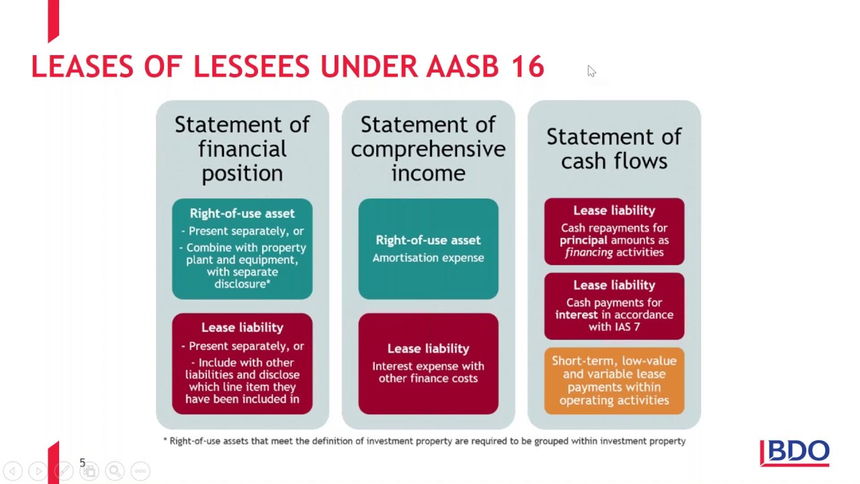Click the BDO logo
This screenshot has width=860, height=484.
click(x=795, y=453)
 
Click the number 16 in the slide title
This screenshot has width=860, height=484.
click(x=526, y=67)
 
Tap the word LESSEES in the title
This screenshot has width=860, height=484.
click(x=252, y=67)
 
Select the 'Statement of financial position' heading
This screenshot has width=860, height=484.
click(x=242, y=149)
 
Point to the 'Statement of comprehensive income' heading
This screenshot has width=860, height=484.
click(x=428, y=149)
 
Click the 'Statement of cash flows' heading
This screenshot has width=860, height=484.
click(x=614, y=149)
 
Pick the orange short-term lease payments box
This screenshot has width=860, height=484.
click(x=614, y=380)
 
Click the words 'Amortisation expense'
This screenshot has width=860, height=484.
click(x=428, y=257)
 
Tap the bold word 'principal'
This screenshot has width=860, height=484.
click(x=583, y=240)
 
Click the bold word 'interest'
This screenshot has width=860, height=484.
click(x=576, y=315)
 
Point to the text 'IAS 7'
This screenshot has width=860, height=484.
click(x=626, y=327)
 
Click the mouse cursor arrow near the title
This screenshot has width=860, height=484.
click(x=591, y=71)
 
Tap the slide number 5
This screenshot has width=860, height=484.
click(x=83, y=462)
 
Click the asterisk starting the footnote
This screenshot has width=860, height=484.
click(x=165, y=441)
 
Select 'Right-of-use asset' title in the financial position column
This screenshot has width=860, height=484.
click(x=242, y=213)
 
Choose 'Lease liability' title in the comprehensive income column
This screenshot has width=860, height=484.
click(x=428, y=348)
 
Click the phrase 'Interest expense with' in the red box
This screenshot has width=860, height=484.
click(x=428, y=366)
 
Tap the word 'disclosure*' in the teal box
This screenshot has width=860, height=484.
click(x=242, y=284)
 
